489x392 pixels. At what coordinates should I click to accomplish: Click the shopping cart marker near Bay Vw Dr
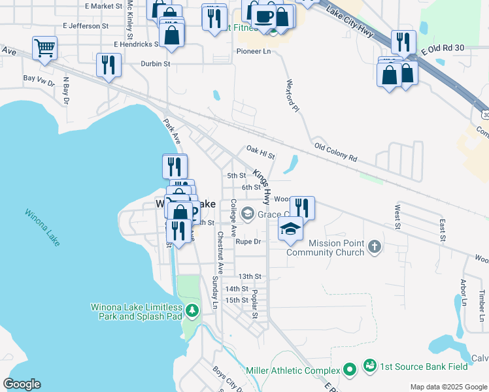pos(44,47)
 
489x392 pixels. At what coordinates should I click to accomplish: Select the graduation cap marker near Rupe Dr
pos(290,229)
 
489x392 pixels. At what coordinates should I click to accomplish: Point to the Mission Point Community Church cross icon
pos(374,246)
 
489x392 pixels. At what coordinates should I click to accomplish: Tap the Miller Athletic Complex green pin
pos(350,370)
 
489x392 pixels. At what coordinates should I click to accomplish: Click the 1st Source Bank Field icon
pos(369,364)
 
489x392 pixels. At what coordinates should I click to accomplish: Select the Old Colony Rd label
pos(335,152)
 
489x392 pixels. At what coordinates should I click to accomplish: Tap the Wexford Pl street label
pos(292,95)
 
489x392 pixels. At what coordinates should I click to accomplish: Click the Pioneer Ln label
pos(254,51)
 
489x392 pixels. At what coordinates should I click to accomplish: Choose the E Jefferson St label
pos(86,26)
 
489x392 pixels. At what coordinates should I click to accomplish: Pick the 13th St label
pos(249,277)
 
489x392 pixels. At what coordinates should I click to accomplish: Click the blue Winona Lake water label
pos(43,227)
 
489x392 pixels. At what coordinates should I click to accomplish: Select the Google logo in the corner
pos(22,384)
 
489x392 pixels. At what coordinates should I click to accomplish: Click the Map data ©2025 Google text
pos(448,387)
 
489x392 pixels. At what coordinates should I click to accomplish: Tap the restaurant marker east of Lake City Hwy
pos(403,42)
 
